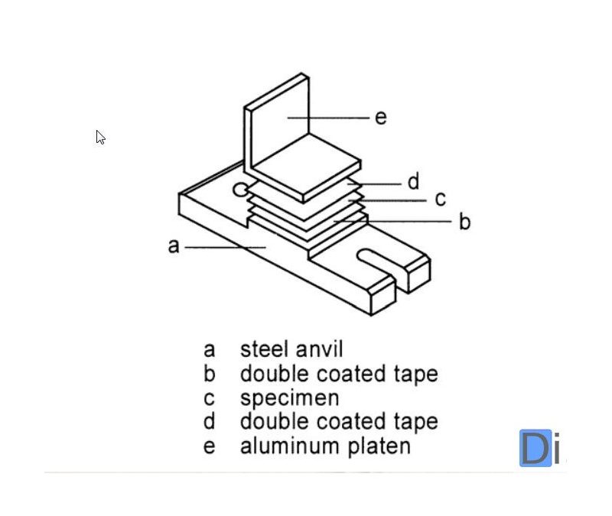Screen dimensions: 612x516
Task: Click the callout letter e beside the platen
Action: coord(381,118)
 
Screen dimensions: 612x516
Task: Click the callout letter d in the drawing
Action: coord(413,181)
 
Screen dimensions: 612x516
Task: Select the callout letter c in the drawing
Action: coord(441,199)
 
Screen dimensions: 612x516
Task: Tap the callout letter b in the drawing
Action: coord(465,222)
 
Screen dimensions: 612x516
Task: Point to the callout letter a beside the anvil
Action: coord(174,246)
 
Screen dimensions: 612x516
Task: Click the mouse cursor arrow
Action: coord(100,138)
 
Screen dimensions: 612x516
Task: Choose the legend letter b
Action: coord(210,373)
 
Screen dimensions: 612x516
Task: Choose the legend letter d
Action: coord(209,421)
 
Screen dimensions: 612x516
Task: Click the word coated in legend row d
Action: coord(350,422)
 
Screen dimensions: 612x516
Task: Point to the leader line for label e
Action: coord(328,118)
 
